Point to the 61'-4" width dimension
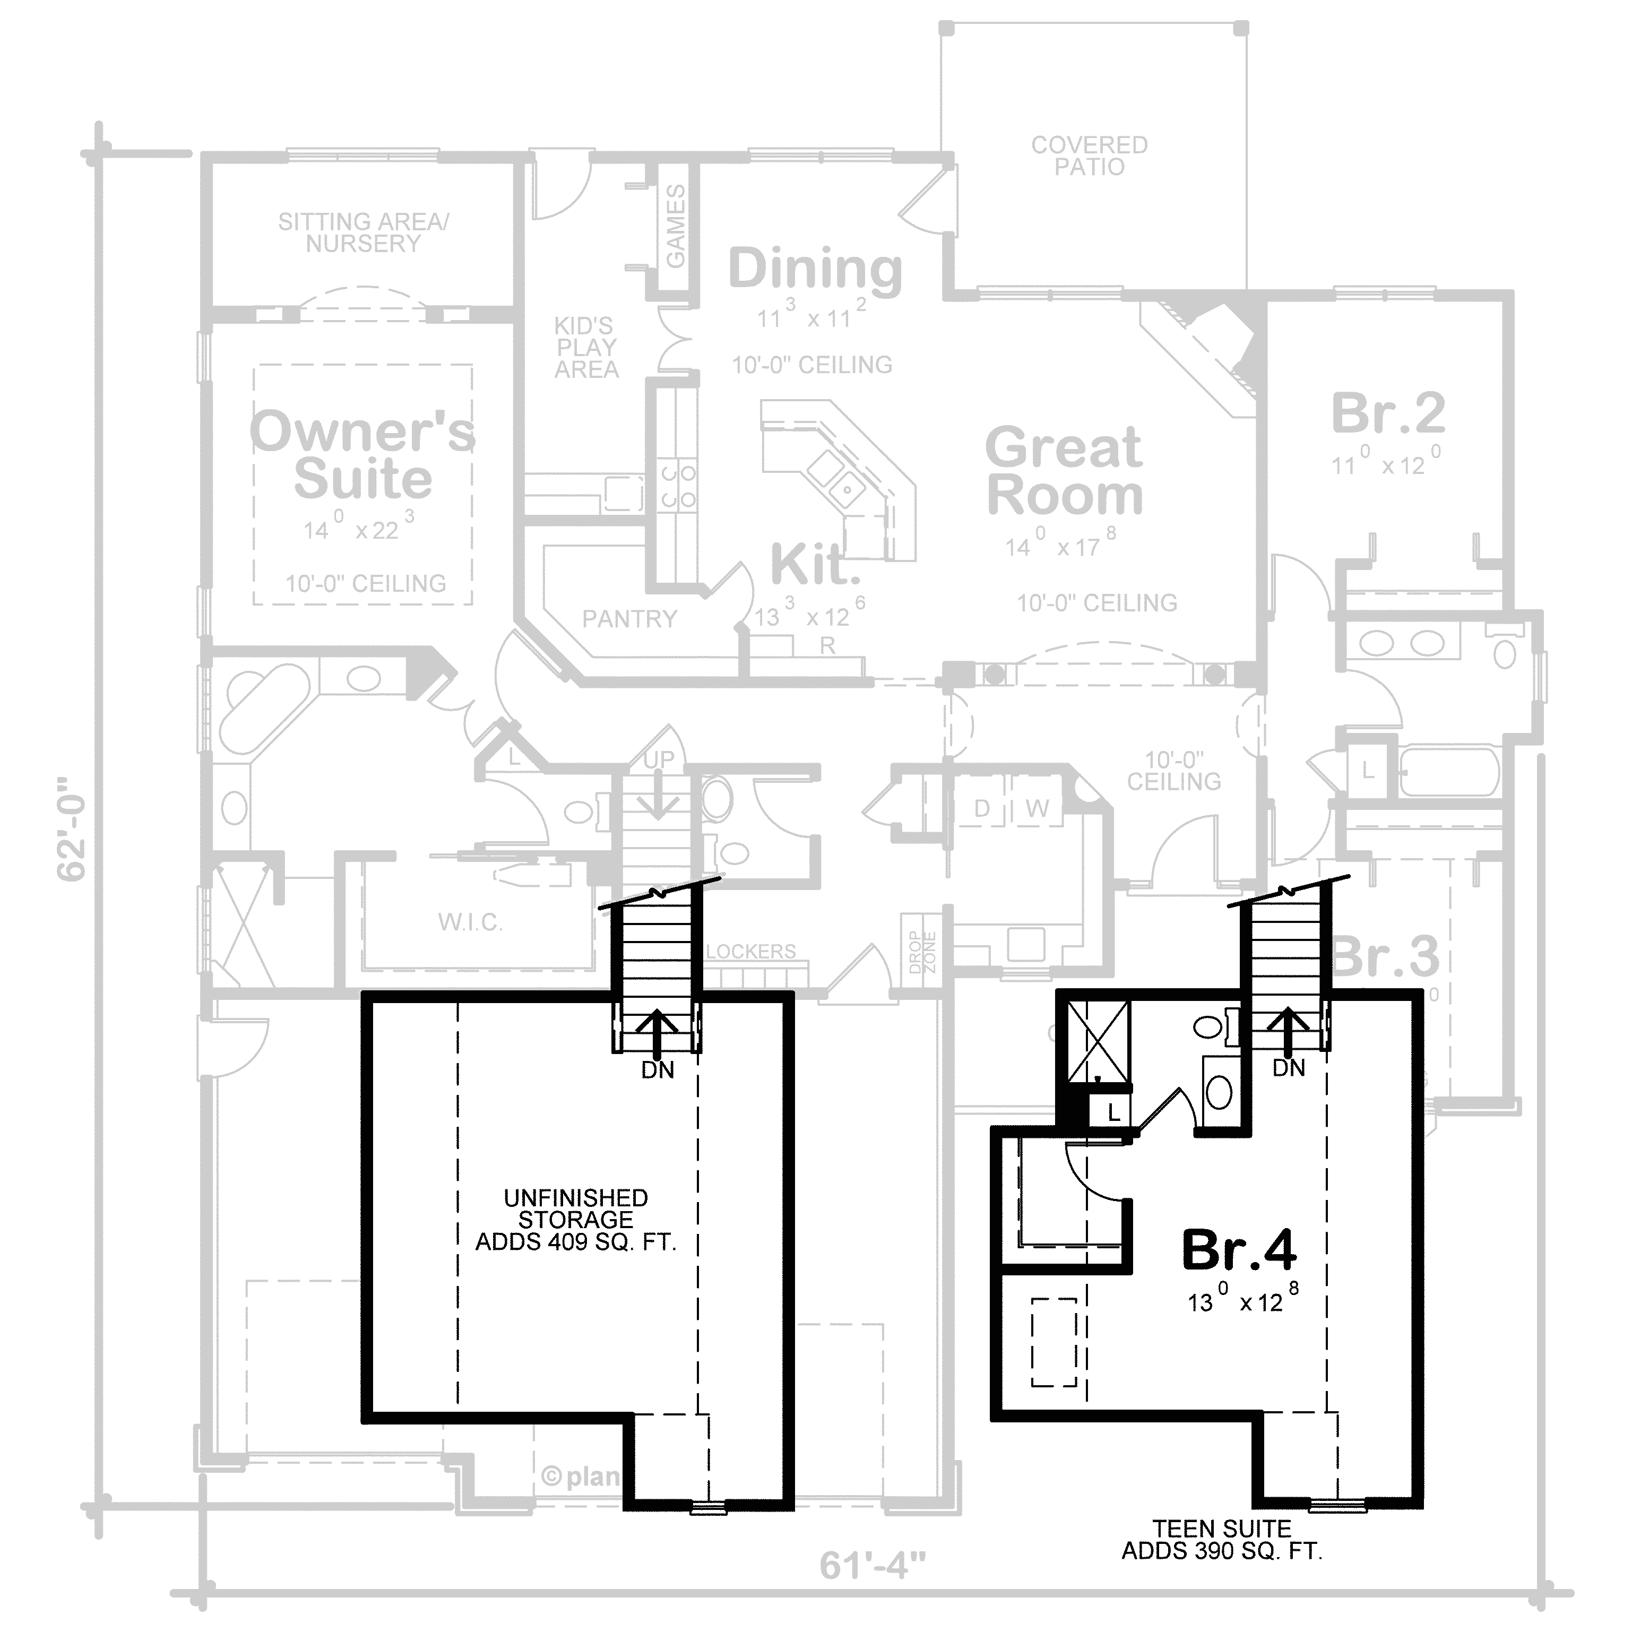(x=873, y=1589)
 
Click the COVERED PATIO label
(x=1089, y=156)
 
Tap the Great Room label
(x=1064, y=471)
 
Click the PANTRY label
(x=629, y=619)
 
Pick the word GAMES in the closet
(x=676, y=227)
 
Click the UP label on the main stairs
(x=659, y=759)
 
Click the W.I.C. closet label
(x=471, y=921)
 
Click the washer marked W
(x=1038, y=808)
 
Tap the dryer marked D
(x=981, y=808)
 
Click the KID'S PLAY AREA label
(x=585, y=347)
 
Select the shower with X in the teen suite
(x=1098, y=1041)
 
